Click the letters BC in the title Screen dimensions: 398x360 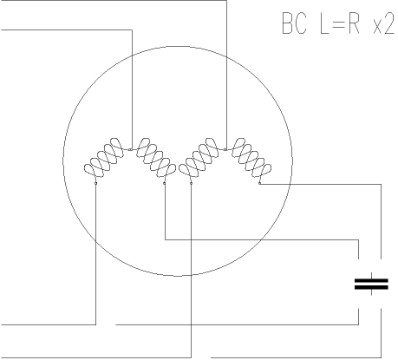coord(294,23)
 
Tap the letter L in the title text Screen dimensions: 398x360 coord(325,23)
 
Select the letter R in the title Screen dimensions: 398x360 coord(354,23)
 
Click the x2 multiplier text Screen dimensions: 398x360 coord(383,23)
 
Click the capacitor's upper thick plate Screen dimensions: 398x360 coord(371,280)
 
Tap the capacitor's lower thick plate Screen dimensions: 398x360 coord(371,287)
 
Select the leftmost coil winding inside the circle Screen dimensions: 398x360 coord(104,158)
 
